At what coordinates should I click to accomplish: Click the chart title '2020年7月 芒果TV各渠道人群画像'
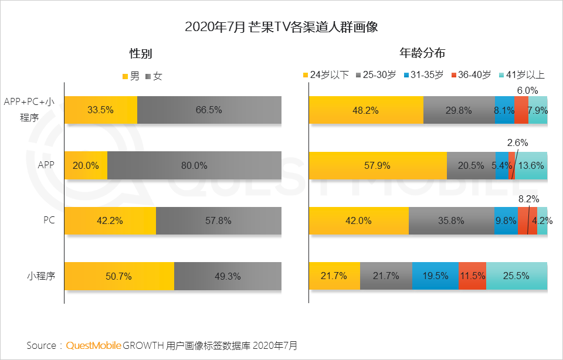coord(281,27)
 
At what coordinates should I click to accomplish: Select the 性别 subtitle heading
coord(141,53)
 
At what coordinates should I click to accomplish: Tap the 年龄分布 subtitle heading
coord(422,53)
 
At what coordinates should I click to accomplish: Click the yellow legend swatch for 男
coord(126,76)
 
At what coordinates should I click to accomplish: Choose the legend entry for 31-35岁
coord(426,75)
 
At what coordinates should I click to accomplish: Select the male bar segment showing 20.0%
coord(86,165)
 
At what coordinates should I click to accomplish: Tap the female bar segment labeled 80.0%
coord(194,165)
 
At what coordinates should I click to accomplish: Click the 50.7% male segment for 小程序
coord(119,276)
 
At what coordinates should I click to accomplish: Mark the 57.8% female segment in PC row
coord(218,221)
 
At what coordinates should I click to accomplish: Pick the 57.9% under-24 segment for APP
coord(378,165)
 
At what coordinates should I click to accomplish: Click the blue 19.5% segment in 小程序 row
coord(435,276)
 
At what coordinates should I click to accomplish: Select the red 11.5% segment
coord(472,276)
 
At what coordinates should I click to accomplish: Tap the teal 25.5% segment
coord(517,276)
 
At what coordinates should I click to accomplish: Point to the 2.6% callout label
coord(518,142)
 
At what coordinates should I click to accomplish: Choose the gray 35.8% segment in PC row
coord(452,221)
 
